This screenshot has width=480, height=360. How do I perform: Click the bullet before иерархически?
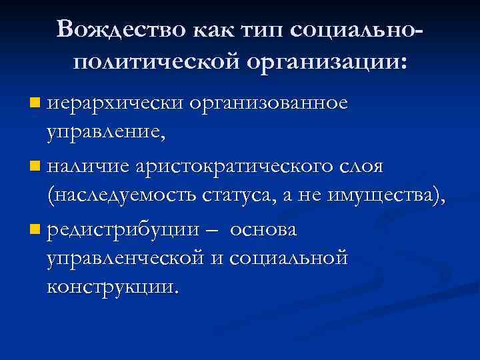(x=35, y=104)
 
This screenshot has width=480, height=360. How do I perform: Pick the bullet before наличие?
(x=35, y=166)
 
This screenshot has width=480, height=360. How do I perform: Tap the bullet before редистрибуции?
(x=35, y=230)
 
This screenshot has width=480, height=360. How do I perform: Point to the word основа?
(x=265, y=230)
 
